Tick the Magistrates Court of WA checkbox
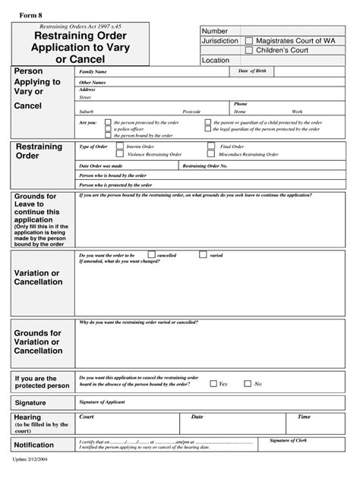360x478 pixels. coord(249,40)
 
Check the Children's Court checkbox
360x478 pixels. coord(249,50)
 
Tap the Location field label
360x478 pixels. coord(216,60)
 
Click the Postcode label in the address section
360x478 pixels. coord(191,111)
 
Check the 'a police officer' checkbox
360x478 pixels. coord(108,129)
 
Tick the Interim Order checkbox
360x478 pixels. coord(120,146)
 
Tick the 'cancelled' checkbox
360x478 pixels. coord(151,255)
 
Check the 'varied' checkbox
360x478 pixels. coord(202,255)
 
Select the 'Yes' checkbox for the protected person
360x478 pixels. coord(213,384)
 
